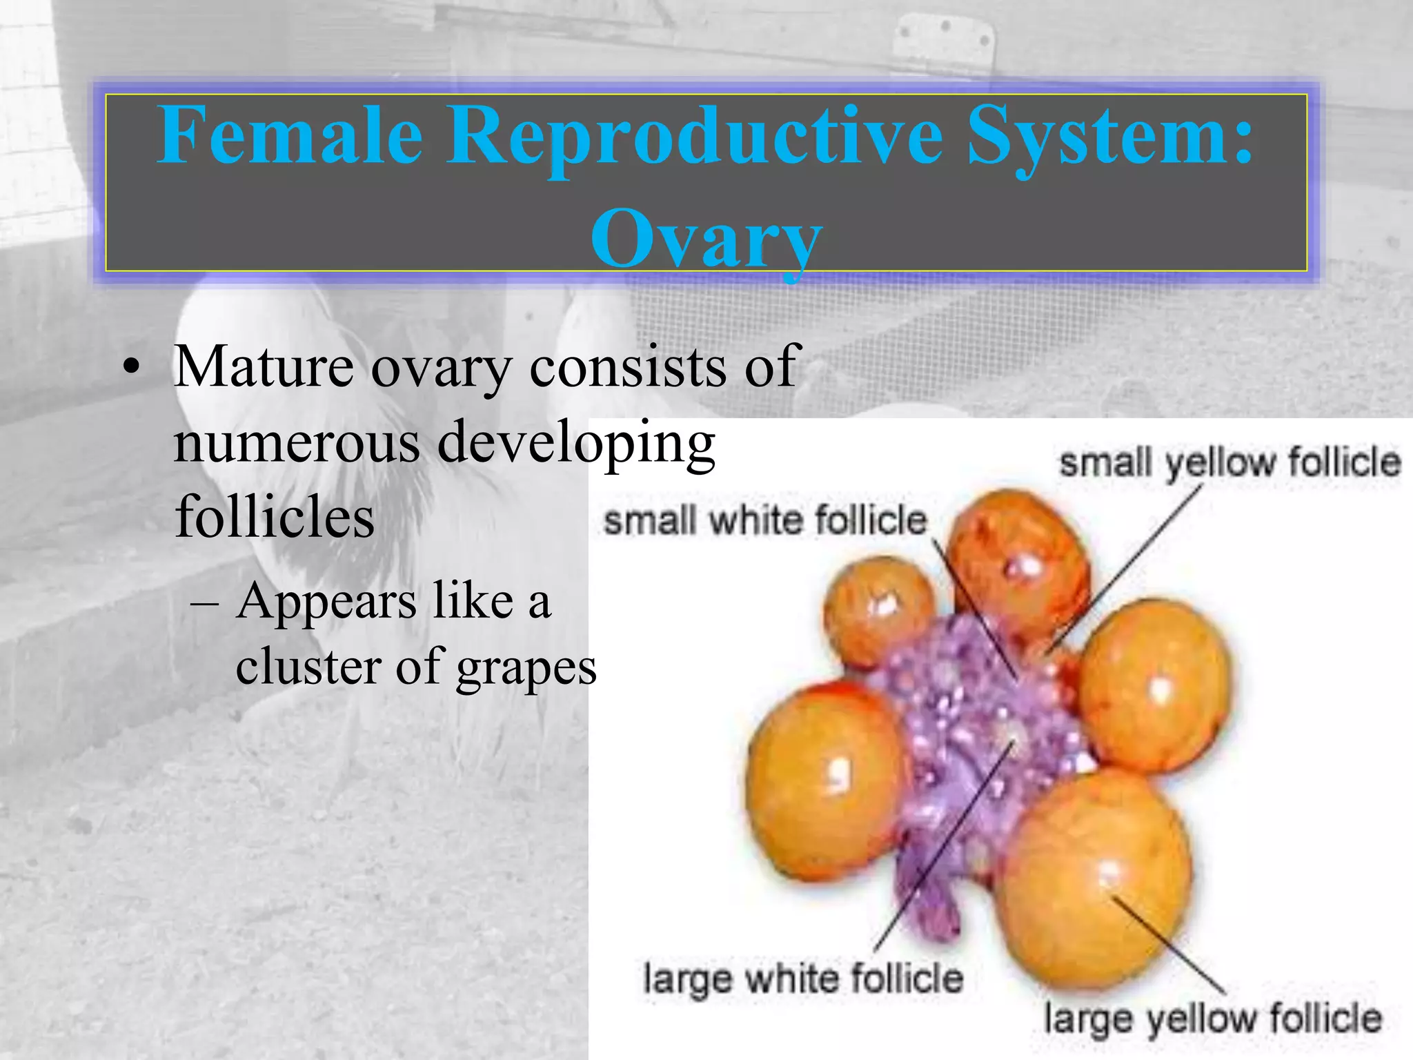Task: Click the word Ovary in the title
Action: tap(706, 238)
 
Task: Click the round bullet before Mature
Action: tap(131, 369)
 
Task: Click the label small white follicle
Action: tap(764, 520)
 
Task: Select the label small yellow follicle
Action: tap(1229, 462)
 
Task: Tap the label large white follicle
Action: tap(802, 978)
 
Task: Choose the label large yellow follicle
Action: tap(1212, 1019)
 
